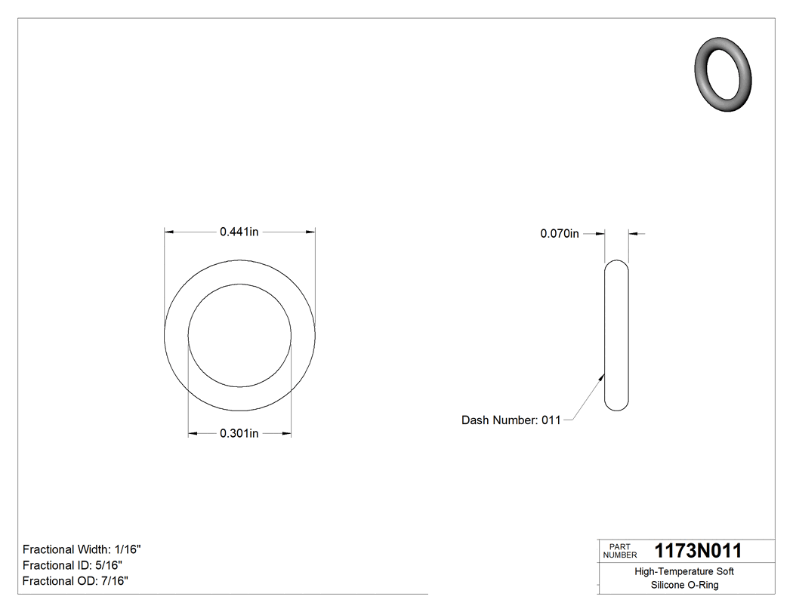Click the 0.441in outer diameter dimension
click(x=239, y=232)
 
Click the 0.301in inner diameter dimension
click(x=239, y=433)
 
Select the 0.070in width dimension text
click(x=559, y=234)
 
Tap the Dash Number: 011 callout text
click(x=511, y=420)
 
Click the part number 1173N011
click(x=698, y=551)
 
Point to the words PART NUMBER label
click(x=620, y=551)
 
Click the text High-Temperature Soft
click(x=684, y=571)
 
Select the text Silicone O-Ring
click(x=684, y=585)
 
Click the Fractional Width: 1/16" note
click(x=82, y=549)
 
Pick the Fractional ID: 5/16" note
click(x=73, y=565)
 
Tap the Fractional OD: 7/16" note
click(x=75, y=581)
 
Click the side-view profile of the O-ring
click(x=617, y=336)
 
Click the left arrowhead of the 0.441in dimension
click(x=169, y=232)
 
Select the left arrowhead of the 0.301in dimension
click(x=193, y=433)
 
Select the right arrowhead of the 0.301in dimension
click(x=287, y=433)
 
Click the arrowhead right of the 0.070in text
click(x=601, y=234)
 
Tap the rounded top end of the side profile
click(x=617, y=264)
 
